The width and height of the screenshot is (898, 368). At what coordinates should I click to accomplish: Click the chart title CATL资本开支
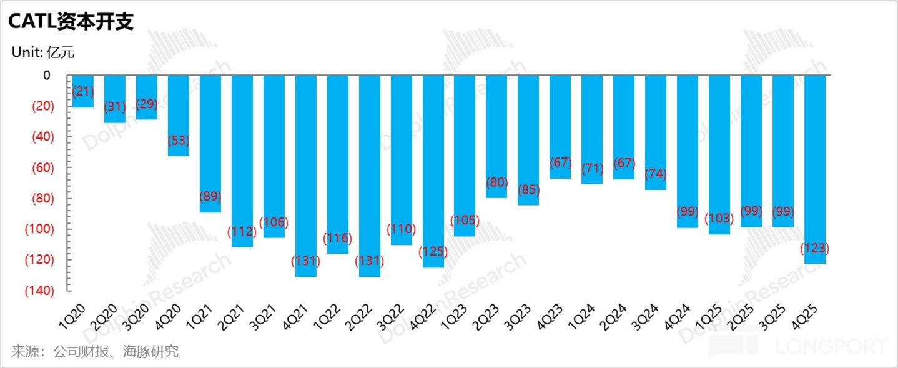click(71, 21)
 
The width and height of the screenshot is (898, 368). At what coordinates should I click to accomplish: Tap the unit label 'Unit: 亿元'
click(43, 52)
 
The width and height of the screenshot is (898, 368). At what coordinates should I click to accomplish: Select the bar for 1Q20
click(83, 91)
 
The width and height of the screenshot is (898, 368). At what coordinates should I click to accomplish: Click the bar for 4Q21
click(306, 176)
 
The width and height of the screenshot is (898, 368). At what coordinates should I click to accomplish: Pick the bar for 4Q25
click(815, 169)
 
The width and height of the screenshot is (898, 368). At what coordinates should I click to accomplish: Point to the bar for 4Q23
click(560, 127)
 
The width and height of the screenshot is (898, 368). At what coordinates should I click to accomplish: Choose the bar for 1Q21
click(210, 144)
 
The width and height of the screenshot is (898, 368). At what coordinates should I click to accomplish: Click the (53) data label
click(179, 141)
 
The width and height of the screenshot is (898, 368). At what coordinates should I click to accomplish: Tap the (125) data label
click(433, 252)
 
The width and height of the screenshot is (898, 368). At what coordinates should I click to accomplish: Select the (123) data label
click(814, 249)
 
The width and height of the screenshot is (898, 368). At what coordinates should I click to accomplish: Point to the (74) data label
click(656, 174)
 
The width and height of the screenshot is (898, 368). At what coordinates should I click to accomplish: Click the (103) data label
click(719, 218)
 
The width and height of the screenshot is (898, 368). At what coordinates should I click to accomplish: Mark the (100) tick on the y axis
click(39, 229)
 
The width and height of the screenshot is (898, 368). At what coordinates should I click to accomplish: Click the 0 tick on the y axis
click(47, 75)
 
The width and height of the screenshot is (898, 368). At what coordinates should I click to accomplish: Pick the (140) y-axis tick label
click(39, 291)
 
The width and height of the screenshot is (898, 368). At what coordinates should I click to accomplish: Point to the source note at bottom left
click(95, 352)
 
